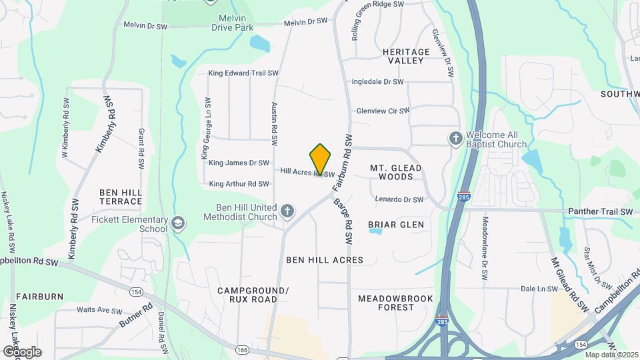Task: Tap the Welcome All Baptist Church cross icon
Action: [x=455, y=138]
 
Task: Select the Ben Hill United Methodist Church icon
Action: [x=287, y=211]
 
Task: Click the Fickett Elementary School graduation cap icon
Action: [x=178, y=223]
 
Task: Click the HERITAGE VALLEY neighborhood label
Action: [x=406, y=56]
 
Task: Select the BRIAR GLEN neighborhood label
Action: [x=396, y=225]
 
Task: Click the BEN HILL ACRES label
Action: [x=325, y=259]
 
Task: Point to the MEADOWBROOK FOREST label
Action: [x=395, y=303]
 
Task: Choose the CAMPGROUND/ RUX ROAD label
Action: [x=253, y=295]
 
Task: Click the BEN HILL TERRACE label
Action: [x=121, y=197]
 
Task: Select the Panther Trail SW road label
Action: [x=600, y=212]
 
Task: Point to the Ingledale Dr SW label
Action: [x=379, y=82]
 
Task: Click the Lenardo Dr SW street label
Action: [x=399, y=199]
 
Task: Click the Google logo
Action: [x=22, y=351]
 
